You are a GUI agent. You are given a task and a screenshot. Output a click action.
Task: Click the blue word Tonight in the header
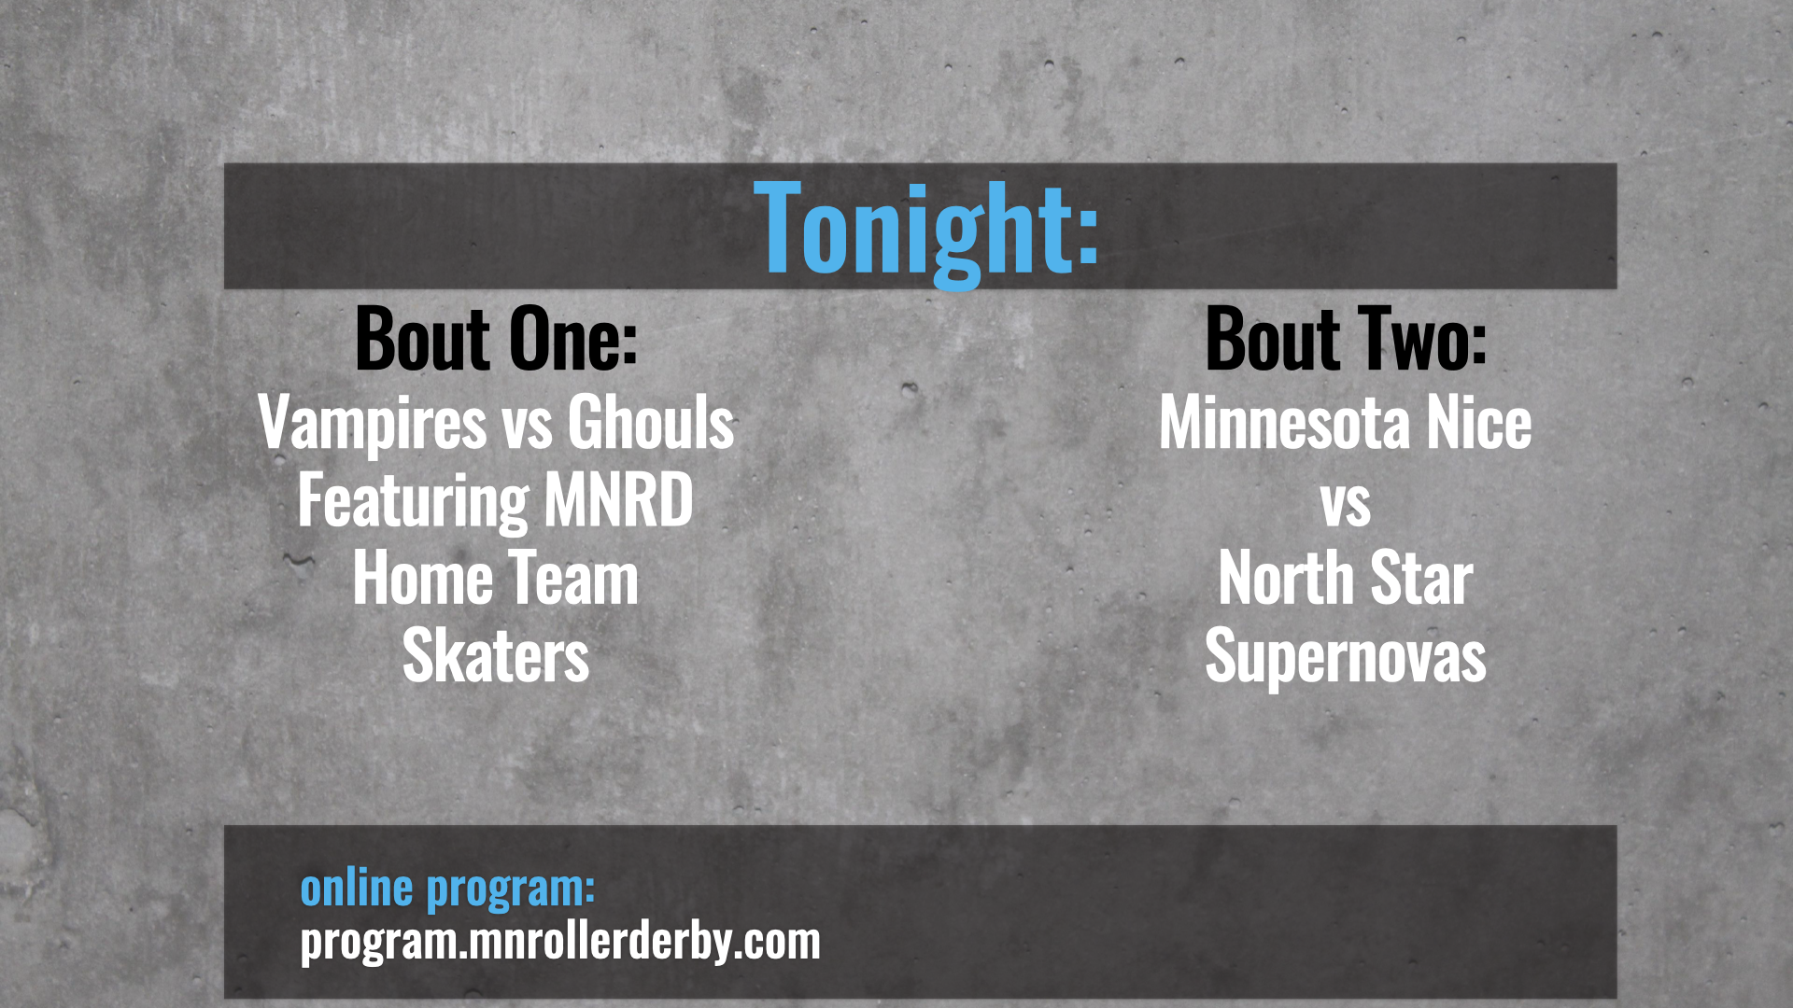click(x=926, y=231)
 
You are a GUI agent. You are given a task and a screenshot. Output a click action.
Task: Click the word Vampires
click(x=373, y=425)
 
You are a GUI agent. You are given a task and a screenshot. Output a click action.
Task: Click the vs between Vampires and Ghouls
click(x=528, y=430)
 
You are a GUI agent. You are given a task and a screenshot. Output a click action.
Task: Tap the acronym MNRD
click(x=618, y=500)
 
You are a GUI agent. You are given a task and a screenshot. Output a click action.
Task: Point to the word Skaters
click(x=496, y=657)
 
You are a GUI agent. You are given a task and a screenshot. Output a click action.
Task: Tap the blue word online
click(x=356, y=888)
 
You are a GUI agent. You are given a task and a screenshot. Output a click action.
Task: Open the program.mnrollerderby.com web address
click(x=560, y=942)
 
